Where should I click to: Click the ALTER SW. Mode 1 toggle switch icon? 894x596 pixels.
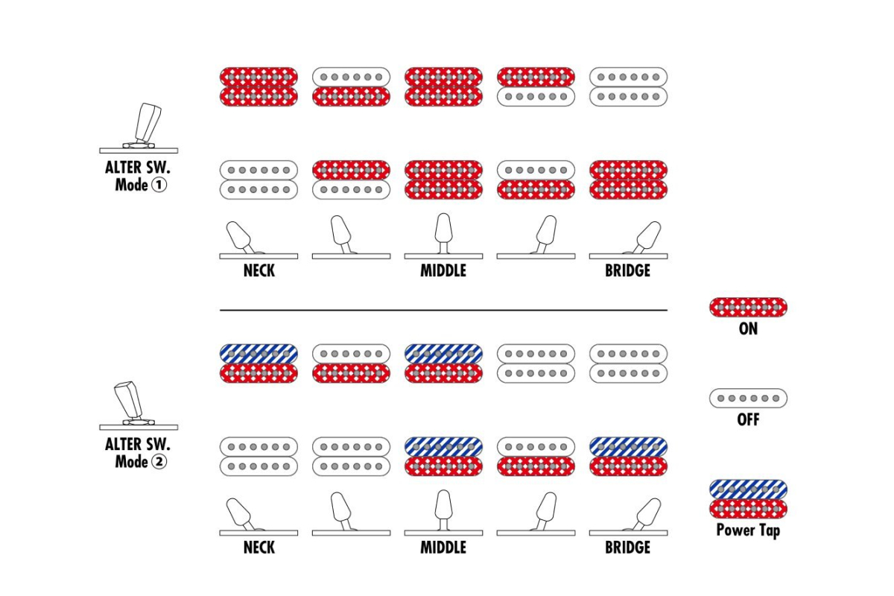pyautogui.click(x=139, y=128)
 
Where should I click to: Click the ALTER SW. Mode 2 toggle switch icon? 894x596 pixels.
pyautogui.click(x=139, y=405)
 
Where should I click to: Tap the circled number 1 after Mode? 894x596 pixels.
pyautogui.click(x=159, y=185)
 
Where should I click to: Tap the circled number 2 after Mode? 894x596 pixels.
pyautogui.click(x=159, y=462)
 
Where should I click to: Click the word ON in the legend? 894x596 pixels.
pyautogui.click(x=748, y=329)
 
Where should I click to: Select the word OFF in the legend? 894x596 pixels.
pyautogui.click(x=748, y=419)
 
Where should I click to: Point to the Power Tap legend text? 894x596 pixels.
pyautogui.click(x=748, y=530)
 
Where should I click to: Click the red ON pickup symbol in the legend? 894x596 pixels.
pyautogui.click(x=748, y=308)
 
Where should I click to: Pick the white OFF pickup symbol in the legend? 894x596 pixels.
pyautogui.click(x=748, y=398)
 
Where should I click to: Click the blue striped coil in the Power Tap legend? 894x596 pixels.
pyautogui.click(x=748, y=489)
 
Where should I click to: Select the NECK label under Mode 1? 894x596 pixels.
pyautogui.click(x=259, y=270)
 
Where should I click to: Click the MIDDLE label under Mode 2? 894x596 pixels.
pyautogui.click(x=443, y=548)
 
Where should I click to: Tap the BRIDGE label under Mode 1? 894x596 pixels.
pyautogui.click(x=628, y=270)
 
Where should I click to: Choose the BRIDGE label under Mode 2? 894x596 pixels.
pyautogui.click(x=628, y=548)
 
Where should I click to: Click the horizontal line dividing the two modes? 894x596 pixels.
pyautogui.click(x=443, y=310)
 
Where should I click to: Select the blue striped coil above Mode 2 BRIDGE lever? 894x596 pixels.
pyautogui.click(x=628, y=447)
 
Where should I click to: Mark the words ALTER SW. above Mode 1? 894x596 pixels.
pyautogui.click(x=138, y=168)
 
